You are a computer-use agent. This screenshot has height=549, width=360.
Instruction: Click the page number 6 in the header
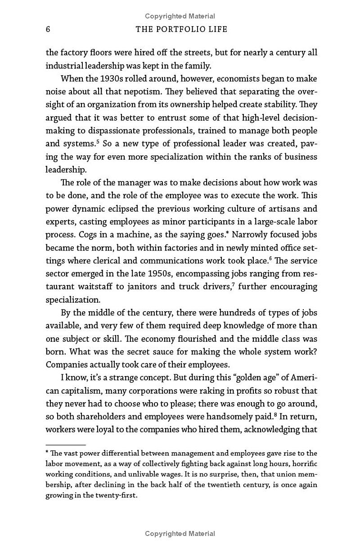click(x=48, y=29)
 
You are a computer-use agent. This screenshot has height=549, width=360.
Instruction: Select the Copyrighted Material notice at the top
click(x=180, y=16)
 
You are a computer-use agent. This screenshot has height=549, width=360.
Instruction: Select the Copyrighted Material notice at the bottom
click(x=180, y=534)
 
